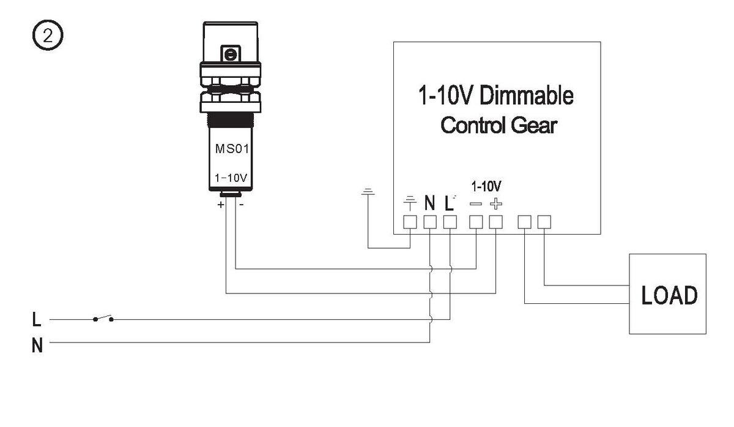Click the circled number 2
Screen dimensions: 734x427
[x=48, y=35]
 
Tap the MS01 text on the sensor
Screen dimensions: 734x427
[x=232, y=149]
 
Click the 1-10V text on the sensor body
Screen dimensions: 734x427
[x=231, y=178]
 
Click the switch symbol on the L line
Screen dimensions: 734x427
[x=103, y=318]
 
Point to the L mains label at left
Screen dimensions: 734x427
[x=37, y=319]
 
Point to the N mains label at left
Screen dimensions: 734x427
[x=37, y=346]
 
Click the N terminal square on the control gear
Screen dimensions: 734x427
[x=430, y=222]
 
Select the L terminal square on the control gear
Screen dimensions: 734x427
[x=450, y=222]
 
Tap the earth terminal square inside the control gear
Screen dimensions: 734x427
[x=410, y=222]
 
